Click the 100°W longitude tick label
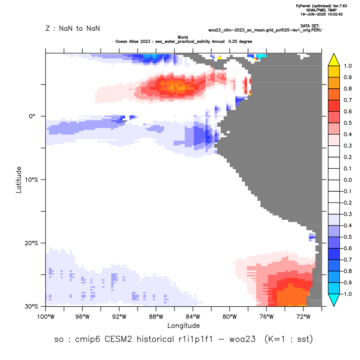coord(46,317)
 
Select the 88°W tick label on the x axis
coord(156,317)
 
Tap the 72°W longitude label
coord(303,317)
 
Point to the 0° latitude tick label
coord(32,116)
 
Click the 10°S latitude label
coord(31,180)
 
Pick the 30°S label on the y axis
coord(31,306)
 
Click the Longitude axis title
coord(183,325)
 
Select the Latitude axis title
coord(19,180)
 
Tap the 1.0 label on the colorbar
coord(347,66)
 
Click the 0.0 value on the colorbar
coord(347,180)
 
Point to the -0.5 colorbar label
coord(347,237)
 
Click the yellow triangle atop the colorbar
coord(334,60)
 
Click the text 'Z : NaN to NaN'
coord(73,29)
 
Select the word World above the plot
coord(183,37)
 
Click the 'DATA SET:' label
coord(310,26)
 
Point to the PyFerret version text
coord(321,6)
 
